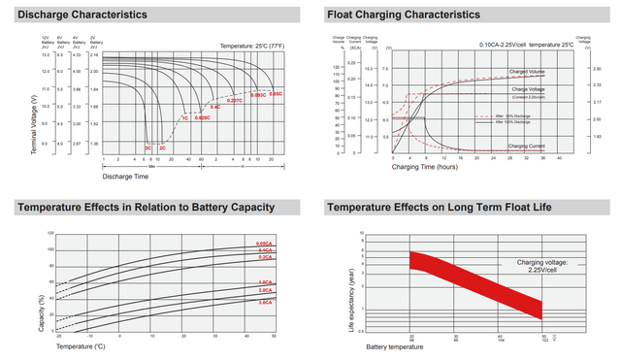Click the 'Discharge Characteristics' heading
coord(82,15)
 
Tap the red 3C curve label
coord(147,147)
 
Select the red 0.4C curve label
coord(215,107)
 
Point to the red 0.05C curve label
coord(276,94)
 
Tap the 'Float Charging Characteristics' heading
coord(403,15)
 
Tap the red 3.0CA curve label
coord(265,304)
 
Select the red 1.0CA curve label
coord(265,281)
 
